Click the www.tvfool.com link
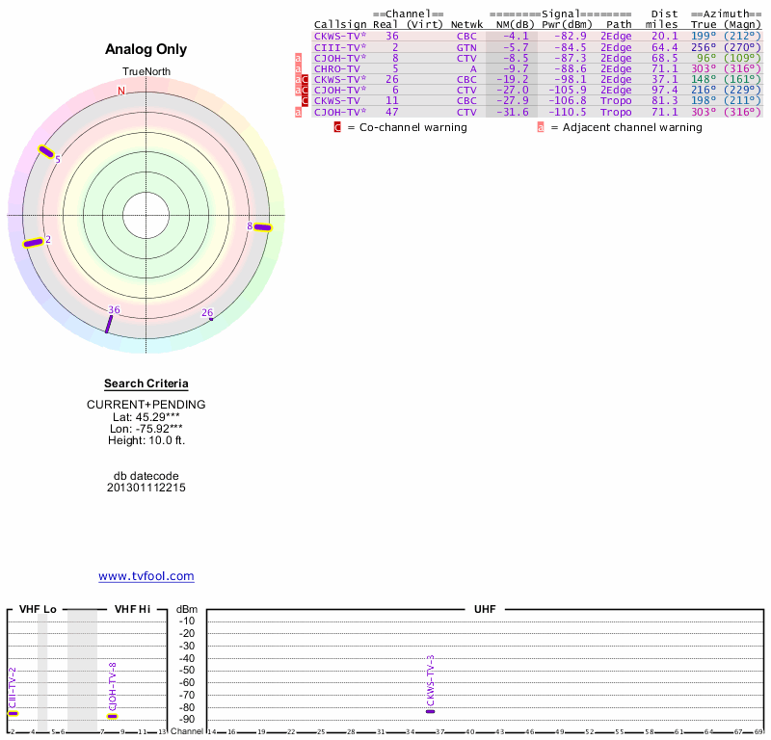click(x=146, y=576)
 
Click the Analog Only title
click(x=146, y=49)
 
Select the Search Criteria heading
click(x=146, y=383)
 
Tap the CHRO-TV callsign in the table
click(x=335, y=69)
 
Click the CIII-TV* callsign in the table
click(x=339, y=46)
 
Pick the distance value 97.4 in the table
click(x=665, y=90)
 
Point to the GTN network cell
click(x=466, y=46)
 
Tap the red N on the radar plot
click(x=121, y=92)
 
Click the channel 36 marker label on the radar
click(x=114, y=309)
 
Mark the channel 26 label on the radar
click(x=207, y=312)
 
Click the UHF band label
click(x=484, y=610)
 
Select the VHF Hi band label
click(x=132, y=610)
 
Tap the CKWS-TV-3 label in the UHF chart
click(x=431, y=681)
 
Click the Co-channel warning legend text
click(x=407, y=127)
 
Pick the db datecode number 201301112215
click(x=146, y=488)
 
